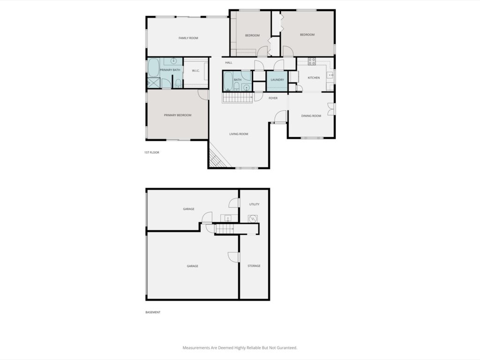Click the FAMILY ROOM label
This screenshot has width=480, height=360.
188,38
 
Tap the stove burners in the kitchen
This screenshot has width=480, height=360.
312,61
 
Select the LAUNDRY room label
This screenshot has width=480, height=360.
277,80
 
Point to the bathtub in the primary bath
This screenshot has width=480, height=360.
154,67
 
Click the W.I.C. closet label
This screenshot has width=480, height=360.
195,71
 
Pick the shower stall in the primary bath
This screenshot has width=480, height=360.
154,82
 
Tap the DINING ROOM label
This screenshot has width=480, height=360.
311,116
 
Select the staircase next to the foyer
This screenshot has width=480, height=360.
237,98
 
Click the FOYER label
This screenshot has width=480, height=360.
273,98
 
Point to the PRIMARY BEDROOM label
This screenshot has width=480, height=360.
178,115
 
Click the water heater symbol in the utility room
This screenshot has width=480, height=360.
253,218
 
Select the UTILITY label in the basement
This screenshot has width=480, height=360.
254,204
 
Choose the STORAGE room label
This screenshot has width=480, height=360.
254,266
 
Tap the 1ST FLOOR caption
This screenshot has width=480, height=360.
152,152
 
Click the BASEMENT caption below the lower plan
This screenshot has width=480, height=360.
153,312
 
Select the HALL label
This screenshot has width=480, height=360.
229,63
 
